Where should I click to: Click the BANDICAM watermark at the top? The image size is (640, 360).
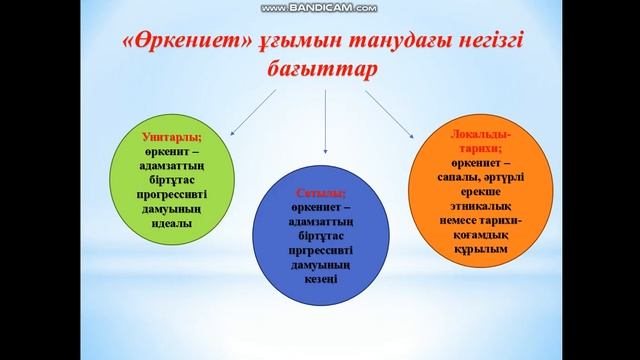[319, 8]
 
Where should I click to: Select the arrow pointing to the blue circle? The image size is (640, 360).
[323, 125]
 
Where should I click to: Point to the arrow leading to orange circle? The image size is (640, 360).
[391, 113]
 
